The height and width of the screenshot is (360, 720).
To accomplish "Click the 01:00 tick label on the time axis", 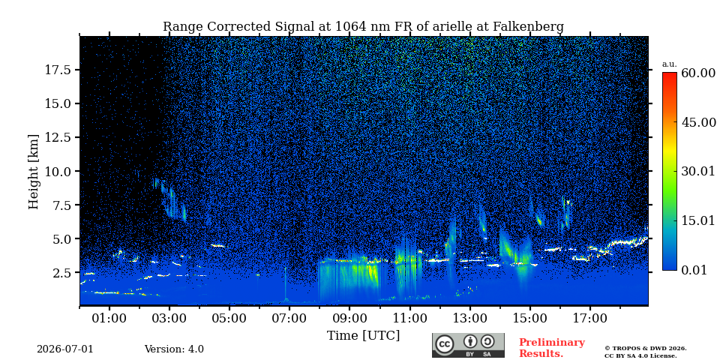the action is tap(109, 318).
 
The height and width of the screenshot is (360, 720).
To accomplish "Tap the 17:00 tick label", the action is tap(590, 318).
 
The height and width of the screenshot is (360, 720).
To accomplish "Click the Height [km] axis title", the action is tap(34, 172).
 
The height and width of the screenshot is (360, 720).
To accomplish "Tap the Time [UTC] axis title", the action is tap(363, 336).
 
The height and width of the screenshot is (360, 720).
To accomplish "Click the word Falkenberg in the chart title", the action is tap(528, 27).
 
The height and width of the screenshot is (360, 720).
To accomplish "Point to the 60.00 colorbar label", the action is tap(698, 73).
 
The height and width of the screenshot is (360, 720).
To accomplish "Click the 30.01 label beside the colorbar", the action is tap(698, 172).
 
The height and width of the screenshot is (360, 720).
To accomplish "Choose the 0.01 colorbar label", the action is tap(694, 270).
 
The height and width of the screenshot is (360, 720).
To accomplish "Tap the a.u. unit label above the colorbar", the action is tap(670, 64).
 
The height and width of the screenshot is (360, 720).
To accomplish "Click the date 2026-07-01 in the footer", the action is tap(65, 349).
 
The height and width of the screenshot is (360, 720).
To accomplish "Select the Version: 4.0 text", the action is tap(174, 349).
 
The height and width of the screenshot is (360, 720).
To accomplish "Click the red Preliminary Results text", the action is tap(552, 348).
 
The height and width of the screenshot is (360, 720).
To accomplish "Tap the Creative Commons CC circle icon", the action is tap(444, 344).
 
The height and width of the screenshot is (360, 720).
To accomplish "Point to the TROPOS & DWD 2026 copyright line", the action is tap(645, 349).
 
